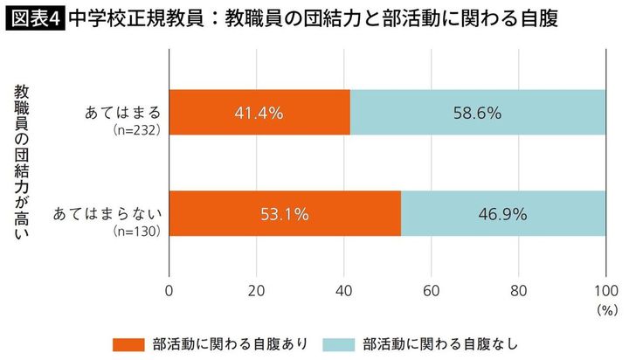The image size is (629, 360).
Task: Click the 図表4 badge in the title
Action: pyautogui.click(x=34, y=18)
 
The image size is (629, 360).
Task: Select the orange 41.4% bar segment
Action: pyautogui.click(x=259, y=113)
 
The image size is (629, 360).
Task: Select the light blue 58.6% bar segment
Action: pyautogui.click(x=478, y=113)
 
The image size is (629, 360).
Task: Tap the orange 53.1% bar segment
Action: pyautogui.click(x=285, y=213)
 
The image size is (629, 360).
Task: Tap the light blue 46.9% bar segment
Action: pyautogui.click(x=503, y=213)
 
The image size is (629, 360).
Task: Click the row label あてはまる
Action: pyautogui.click(x=121, y=112)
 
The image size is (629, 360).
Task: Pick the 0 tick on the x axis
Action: pyautogui.click(x=169, y=289)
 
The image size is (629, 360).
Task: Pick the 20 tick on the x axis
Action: pyautogui.click(x=256, y=289)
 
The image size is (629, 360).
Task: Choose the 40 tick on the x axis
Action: pyautogui.click(x=343, y=289)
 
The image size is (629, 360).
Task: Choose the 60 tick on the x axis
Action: pyautogui.click(x=431, y=289)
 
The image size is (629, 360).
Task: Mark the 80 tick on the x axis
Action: pyautogui.click(x=518, y=289)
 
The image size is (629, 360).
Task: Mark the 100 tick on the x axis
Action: pyautogui.click(x=605, y=289)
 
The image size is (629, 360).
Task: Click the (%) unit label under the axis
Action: pyautogui.click(x=606, y=309)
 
